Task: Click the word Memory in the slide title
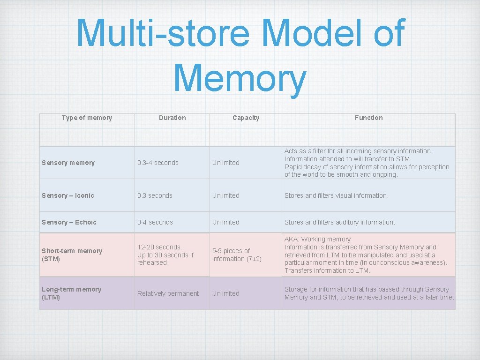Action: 240,78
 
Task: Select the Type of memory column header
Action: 87,118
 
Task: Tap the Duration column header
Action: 172,118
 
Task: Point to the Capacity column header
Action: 246,118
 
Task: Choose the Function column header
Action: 368,118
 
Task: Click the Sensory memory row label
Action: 68,163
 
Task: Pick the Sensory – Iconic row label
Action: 67,195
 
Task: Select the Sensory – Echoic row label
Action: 69,222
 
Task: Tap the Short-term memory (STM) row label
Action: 72,255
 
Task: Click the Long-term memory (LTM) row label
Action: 71,293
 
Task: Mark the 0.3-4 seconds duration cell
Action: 157,163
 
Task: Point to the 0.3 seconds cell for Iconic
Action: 155,195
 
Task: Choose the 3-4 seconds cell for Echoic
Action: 155,222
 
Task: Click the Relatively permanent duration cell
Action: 168,293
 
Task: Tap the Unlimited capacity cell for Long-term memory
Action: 225,293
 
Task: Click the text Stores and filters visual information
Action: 336,195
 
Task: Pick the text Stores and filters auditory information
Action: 339,222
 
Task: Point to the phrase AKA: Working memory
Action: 317,239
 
